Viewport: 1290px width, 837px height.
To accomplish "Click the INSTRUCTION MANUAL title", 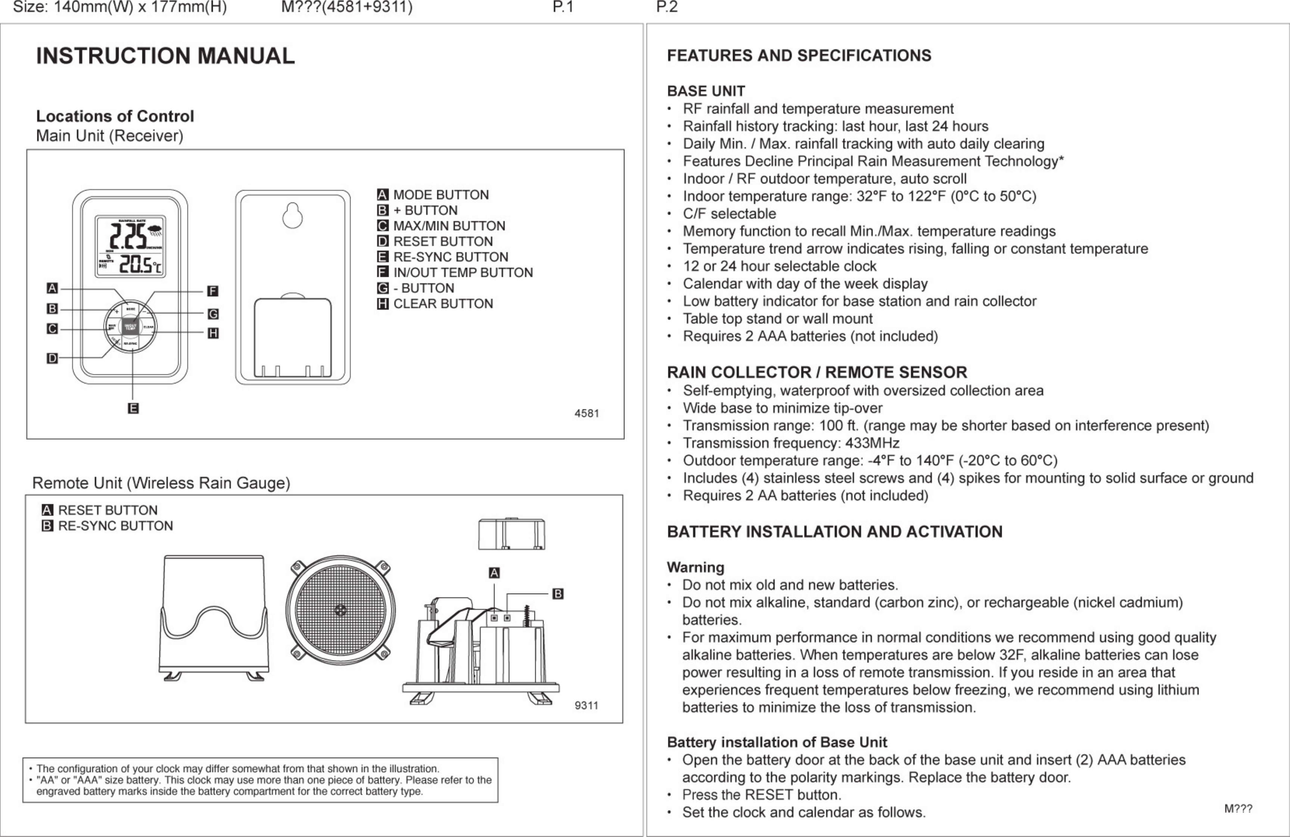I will [x=165, y=56].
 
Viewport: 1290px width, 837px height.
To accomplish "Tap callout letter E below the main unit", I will [x=133, y=408].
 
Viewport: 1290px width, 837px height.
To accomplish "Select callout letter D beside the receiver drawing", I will [x=52, y=358].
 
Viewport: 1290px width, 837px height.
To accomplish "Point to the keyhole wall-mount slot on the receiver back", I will [x=293, y=216].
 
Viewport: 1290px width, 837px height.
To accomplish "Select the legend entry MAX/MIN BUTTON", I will [x=449, y=226].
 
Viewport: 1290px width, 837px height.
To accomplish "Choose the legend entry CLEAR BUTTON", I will [x=443, y=304].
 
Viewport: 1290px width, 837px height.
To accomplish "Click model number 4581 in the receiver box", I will [x=587, y=413].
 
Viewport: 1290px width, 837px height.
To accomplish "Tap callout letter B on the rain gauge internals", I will [x=558, y=594].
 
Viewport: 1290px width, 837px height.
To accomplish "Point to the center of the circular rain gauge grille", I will [x=341, y=610].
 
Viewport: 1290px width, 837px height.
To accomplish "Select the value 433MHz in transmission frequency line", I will [x=872, y=443].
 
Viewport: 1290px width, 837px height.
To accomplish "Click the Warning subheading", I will [x=696, y=567].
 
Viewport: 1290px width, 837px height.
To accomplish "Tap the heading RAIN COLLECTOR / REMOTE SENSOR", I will [x=817, y=372].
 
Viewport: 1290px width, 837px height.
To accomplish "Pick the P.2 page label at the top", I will [x=667, y=7].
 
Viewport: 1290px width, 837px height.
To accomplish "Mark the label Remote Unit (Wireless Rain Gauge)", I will [x=161, y=483].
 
